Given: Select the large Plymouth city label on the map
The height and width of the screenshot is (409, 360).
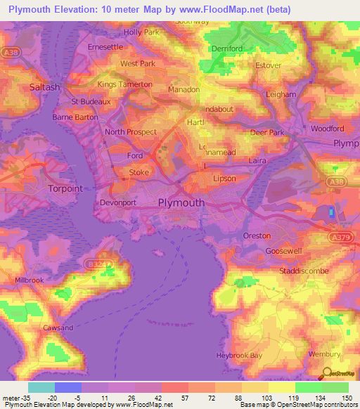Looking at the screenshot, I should [x=182, y=202].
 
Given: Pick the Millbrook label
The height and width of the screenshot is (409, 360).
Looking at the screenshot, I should [x=30, y=280].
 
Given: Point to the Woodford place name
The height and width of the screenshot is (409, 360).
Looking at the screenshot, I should [x=328, y=129].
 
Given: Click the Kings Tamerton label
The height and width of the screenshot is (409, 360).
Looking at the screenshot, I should [x=124, y=84].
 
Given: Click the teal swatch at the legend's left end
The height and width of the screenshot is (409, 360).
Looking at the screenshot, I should [x=41, y=387].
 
